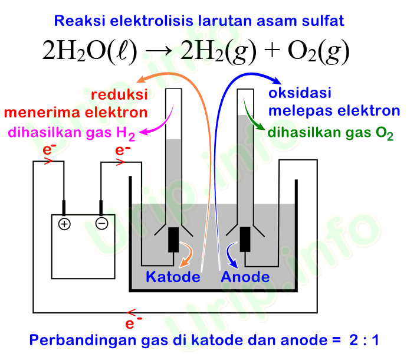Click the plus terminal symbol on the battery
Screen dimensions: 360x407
pyautogui.click(x=64, y=224)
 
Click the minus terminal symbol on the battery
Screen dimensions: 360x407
pyautogui.click(x=101, y=224)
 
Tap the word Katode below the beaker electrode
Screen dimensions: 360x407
pyautogui.click(x=173, y=277)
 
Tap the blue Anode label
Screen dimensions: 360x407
pyautogui.click(x=245, y=277)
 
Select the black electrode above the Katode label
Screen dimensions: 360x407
pyautogui.click(x=174, y=240)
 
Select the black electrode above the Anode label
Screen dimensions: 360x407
pyautogui.click(x=245, y=240)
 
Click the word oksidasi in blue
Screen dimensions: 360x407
pyautogui.click(x=299, y=93)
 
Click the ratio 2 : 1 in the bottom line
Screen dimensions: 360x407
pyautogui.click(x=363, y=341)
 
